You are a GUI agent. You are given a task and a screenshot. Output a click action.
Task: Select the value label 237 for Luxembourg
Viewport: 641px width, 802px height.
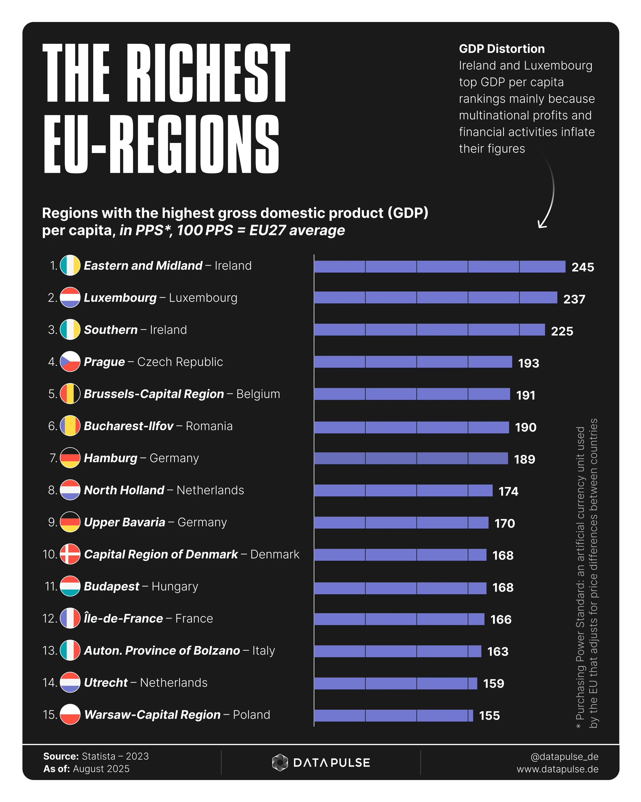574,299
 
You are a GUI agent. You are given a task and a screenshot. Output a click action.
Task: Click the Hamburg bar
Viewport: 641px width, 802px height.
411,458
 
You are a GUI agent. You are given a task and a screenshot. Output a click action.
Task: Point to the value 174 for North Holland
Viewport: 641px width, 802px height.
508,491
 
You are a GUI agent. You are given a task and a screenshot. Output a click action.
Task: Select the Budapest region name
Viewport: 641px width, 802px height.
111,587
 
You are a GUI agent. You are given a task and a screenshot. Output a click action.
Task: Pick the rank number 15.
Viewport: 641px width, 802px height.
50,715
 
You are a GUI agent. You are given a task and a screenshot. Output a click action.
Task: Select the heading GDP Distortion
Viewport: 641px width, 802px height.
502,49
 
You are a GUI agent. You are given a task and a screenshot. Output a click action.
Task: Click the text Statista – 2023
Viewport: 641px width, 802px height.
115,756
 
